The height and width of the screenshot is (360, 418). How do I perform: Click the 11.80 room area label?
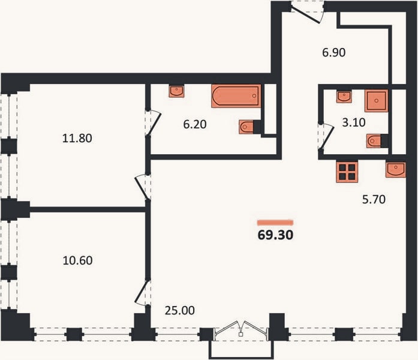77,138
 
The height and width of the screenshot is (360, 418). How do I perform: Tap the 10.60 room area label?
77,260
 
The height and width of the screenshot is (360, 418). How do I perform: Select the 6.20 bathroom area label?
195,125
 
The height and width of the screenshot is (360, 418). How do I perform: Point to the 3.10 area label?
354,122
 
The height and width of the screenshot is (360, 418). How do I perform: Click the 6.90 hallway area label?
334,53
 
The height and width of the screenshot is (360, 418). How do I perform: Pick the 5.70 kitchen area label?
374,199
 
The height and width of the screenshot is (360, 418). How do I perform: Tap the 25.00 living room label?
180,310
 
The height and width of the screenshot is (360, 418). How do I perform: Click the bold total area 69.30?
275,235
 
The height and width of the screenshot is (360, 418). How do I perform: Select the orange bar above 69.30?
275,223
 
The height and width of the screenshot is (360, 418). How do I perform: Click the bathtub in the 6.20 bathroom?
236,96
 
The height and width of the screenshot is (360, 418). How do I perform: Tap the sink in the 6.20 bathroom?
176,91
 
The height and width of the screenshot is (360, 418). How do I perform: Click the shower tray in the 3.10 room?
376,101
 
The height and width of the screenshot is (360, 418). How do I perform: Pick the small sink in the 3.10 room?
344,97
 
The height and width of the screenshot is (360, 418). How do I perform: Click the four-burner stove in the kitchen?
347,172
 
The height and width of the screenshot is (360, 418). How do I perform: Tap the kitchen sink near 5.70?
396,170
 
